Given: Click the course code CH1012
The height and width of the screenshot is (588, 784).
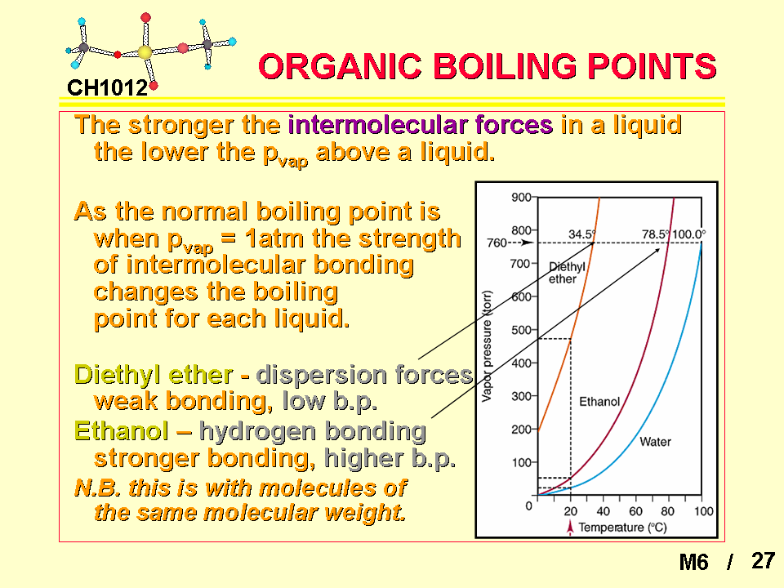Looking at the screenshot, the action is (x=108, y=88).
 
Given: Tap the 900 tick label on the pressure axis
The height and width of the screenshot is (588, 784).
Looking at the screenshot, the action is (x=521, y=198).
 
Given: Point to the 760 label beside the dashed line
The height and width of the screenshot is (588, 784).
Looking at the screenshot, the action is (x=497, y=243).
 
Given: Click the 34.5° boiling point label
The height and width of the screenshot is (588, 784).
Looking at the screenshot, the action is (x=582, y=234).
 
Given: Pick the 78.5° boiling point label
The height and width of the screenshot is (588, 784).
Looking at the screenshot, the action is (x=656, y=234).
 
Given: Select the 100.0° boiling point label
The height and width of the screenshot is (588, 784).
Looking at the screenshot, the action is (x=689, y=234).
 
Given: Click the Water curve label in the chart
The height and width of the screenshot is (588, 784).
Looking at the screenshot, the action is (x=655, y=442).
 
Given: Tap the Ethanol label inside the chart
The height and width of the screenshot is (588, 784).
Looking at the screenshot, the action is (x=599, y=402).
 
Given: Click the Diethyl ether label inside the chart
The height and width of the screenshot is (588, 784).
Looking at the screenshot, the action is (x=567, y=273).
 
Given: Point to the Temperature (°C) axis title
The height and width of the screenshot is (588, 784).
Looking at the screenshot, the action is (x=622, y=528).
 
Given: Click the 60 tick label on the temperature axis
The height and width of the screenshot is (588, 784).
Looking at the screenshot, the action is (x=635, y=511).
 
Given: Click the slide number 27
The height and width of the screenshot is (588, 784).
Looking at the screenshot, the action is (x=763, y=560).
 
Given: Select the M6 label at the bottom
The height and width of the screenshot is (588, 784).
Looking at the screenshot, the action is (x=693, y=562).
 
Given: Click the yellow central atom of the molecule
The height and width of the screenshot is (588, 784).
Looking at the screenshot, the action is (x=145, y=52).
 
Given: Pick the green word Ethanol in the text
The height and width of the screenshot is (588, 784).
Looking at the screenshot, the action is (x=122, y=431).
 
